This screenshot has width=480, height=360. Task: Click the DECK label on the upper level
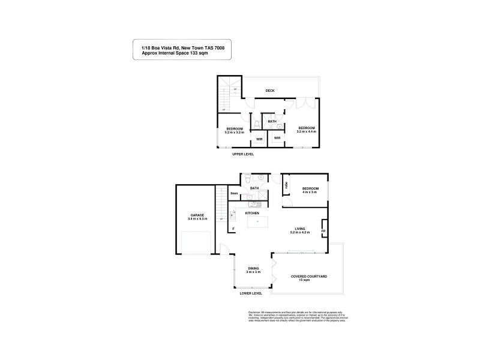click(270, 91)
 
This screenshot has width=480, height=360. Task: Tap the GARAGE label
click(197, 215)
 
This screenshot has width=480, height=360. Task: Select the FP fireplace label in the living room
click(323, 231)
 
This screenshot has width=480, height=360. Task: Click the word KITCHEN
click(252, 213)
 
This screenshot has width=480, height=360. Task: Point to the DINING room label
click(253, 269)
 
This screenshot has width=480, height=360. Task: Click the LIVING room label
click(299, 227)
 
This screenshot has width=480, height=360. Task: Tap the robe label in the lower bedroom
click(287, 186)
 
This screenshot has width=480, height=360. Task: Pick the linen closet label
click(235, 193)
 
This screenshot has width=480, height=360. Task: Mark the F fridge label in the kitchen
click(233, 229)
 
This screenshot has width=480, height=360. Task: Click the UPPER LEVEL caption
click(243, 154)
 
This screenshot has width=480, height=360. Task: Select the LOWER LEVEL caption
click(251, 294)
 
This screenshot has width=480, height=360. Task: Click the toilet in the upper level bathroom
click(257, 124)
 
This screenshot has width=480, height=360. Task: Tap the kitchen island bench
click(257, 223)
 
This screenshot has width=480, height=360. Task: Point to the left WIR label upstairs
click(259, 139)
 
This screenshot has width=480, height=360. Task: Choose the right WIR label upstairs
click(277, 139)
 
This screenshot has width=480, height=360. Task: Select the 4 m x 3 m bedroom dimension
click(310, 192)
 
